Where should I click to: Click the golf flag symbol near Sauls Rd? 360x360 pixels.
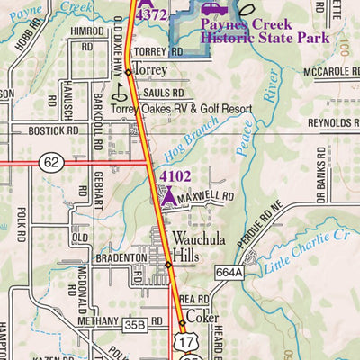119,90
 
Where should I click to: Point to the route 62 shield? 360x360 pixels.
51,163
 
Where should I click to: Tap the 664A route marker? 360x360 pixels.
229,271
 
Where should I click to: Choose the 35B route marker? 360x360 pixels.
135,323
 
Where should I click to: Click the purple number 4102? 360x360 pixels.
176,176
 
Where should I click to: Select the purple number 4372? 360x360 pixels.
152,16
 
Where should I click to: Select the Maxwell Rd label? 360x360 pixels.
206,194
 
